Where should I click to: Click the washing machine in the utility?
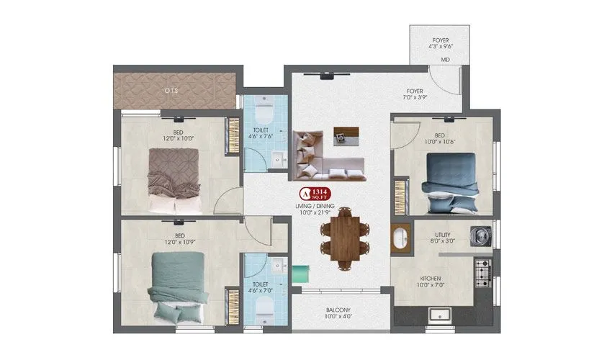[x=480, y=235]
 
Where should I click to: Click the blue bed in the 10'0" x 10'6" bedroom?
[x=450, y=183]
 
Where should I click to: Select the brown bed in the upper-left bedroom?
[x=175, y=180]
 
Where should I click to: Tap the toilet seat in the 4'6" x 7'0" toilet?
[x=263, y=309]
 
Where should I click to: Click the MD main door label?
[x=446, y=60]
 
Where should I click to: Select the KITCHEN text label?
[x=431, y=278]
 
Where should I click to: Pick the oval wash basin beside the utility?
[x=400, y=238]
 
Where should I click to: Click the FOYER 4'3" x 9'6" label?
[x=441, y=42]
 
